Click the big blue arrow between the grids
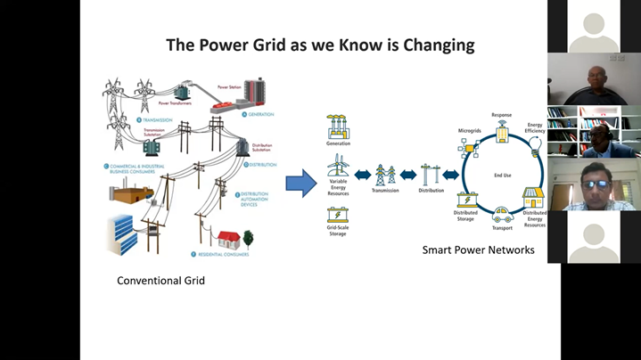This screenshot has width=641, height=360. click(x=301, y=184)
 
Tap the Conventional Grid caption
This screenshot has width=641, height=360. click(x=160, y=281)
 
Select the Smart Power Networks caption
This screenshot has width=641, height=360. click(x=478, y=250)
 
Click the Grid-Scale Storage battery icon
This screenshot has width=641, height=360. click(x=338, y=215)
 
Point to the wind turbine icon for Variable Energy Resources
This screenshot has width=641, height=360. click(x=338, y=166)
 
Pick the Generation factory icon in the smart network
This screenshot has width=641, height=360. click(x=338, y=126)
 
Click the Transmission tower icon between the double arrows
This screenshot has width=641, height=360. click(x=385, y=174)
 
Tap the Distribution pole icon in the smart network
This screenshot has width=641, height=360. click(x=431, y=174)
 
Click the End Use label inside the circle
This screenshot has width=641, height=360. click(x=503, y=176)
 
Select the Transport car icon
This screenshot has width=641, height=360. click(x=503, y=214)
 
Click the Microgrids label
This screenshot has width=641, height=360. click(x=470, y=131)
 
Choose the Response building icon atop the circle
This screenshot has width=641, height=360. click(x=502, y=133)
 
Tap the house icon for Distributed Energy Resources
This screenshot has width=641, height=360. click(x=533, y=198)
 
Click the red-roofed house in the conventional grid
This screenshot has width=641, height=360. click(x=229, y=240)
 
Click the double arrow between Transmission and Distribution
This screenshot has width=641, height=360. click(x=407, y=175)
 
